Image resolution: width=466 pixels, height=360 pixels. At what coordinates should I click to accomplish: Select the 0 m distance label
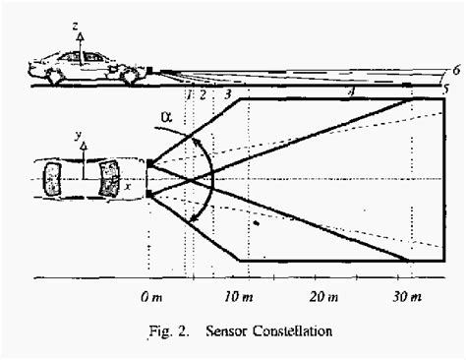coord(150,295)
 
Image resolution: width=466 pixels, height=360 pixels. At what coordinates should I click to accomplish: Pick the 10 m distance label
coord(237,295)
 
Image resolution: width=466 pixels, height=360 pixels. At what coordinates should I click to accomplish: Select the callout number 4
coord(352,91)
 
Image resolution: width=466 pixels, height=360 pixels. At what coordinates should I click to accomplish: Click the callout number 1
coord(188,93)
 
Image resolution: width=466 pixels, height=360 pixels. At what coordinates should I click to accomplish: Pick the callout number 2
coord(202,93)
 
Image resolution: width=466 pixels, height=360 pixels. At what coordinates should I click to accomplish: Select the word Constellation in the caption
coord(294,330)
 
